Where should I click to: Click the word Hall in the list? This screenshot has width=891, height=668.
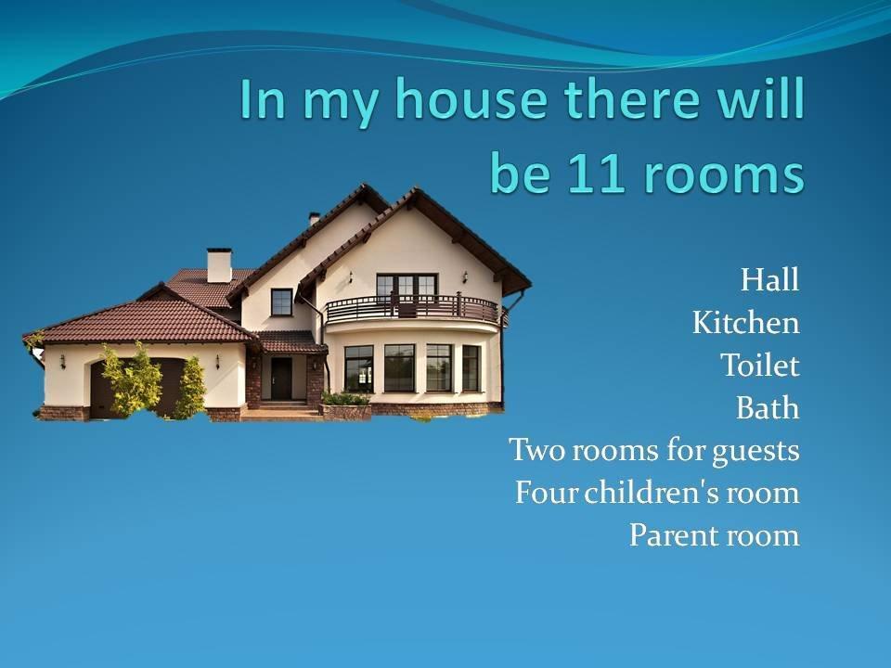tap(769, 279)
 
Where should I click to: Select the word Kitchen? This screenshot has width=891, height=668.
tap(745, 323)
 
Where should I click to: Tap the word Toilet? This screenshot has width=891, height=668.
tap(760, 365)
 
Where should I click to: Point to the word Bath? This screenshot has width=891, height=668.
tap(768, 407)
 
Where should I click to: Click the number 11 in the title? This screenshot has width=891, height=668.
tap(594, 171)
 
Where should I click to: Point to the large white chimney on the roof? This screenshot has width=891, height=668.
tap(219, 265)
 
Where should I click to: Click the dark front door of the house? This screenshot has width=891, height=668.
tap(280, 379)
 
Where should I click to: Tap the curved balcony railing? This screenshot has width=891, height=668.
tap(412, 308)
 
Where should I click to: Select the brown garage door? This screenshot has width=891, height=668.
tap(139, 388)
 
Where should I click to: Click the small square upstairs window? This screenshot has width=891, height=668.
tap(281, 302)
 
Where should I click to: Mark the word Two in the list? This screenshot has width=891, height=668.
tap(537, 450)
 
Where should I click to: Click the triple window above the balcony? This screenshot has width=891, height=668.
tap(407, 287)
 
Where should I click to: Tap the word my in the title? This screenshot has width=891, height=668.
tap(340, 103)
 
